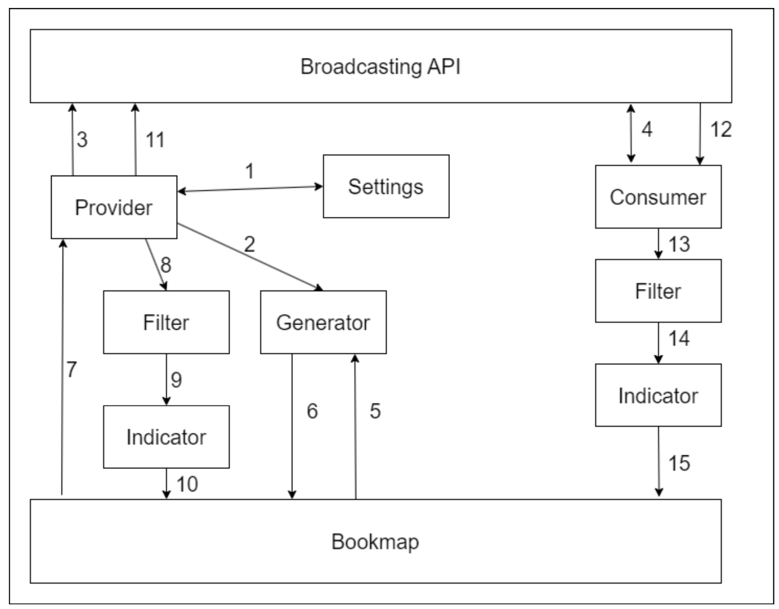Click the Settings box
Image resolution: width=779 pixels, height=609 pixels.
click(386, 186)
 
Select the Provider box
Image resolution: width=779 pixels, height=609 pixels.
click(114, 207)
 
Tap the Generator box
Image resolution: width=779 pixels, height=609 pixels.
click(323, 322)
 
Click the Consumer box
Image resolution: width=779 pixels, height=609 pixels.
click(658, 197)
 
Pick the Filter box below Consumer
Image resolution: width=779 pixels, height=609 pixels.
click(658, 291)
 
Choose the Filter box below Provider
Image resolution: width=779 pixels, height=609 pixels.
click(166, 322)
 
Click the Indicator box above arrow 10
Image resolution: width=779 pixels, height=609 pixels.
click(166, 437)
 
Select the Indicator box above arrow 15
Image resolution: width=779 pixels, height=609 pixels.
click(658, 395)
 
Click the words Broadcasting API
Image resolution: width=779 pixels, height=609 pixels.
click(380, 67)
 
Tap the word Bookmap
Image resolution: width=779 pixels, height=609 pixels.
click(375, 542)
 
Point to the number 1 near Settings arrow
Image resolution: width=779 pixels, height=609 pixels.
click(250, 171)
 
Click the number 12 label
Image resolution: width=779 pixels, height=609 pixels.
click(721, 129)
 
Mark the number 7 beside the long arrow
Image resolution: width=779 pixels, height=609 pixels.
click(71, 370)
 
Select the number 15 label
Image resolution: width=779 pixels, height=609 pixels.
click(679, 463)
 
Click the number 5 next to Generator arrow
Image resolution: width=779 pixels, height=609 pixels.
click(375, 411)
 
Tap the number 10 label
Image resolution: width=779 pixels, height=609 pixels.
click(187, 484)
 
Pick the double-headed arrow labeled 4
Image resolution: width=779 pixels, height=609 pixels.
click(631, 134)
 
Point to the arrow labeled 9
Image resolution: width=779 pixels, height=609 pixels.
click(166, 379)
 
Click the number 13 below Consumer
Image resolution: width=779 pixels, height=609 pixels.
click(679, 244)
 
